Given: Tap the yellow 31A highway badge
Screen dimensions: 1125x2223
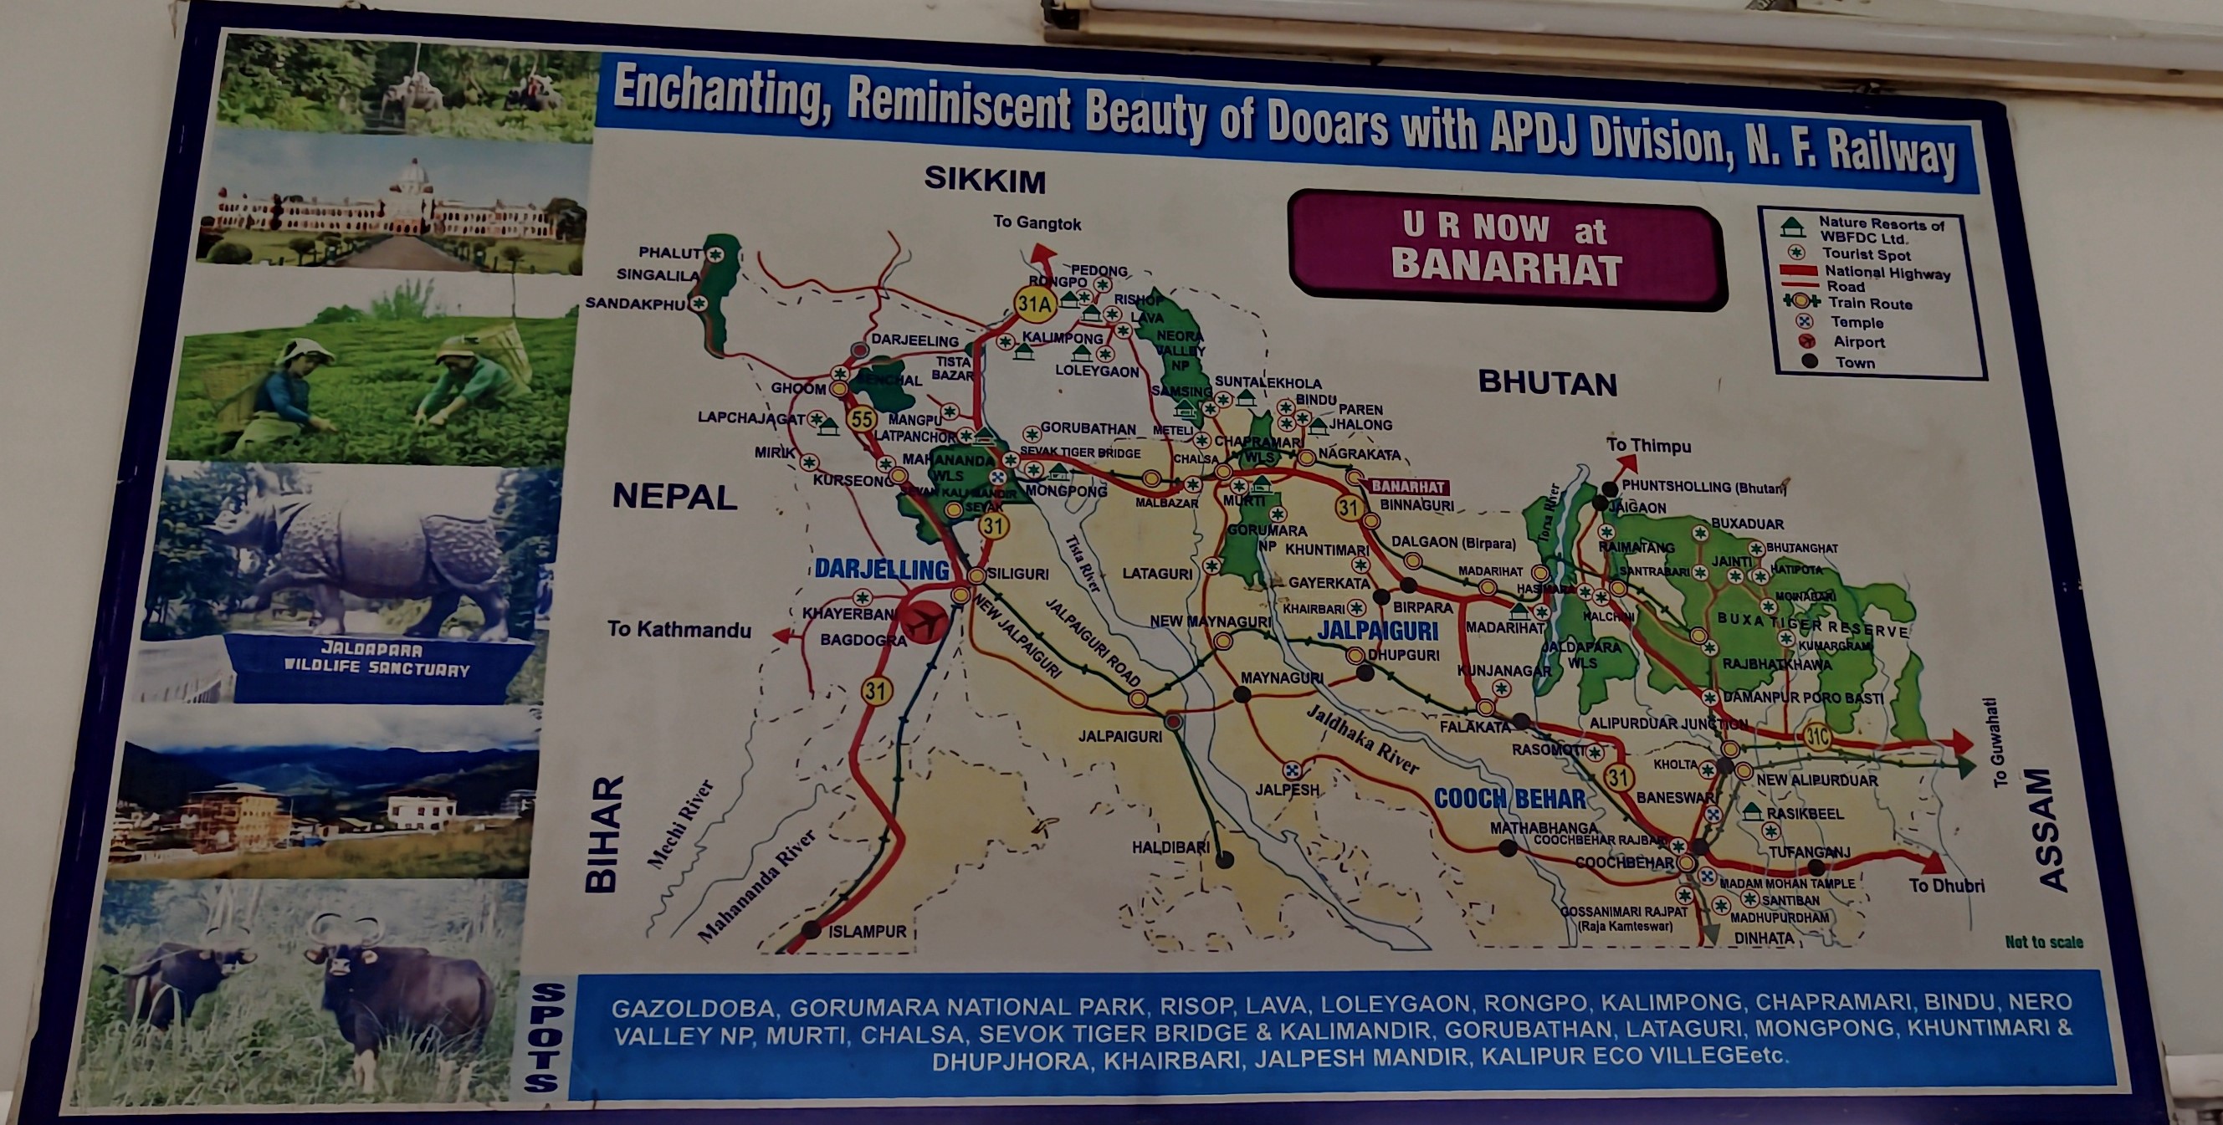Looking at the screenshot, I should click(1034, 303).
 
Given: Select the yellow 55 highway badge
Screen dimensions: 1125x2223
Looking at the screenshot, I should click(861, 419).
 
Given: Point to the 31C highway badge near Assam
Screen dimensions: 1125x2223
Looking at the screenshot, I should click(1817, 736).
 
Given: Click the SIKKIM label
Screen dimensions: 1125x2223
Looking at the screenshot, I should click(985, 181).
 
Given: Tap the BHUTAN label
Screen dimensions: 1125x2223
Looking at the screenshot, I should click(1547, 383).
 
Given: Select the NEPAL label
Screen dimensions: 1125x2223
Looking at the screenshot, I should click(674, 497).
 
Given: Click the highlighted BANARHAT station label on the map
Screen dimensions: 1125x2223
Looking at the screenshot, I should click(1406, 487).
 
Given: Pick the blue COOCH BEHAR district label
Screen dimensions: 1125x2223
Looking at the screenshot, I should click(1509, 799).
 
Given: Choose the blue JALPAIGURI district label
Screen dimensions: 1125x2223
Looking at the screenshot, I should click(1377, 631).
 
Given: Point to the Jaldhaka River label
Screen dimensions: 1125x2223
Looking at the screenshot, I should click(1362, 739).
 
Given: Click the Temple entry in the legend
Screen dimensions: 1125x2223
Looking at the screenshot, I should click(1857, 323).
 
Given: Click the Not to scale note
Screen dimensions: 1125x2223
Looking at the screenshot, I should click(2043, 942).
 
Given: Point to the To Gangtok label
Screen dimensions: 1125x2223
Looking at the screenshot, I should click(1037, 222).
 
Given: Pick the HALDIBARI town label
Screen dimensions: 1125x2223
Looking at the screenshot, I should click(1170, 847).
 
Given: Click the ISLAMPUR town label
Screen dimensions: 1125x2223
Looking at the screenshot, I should click(867, 932).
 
